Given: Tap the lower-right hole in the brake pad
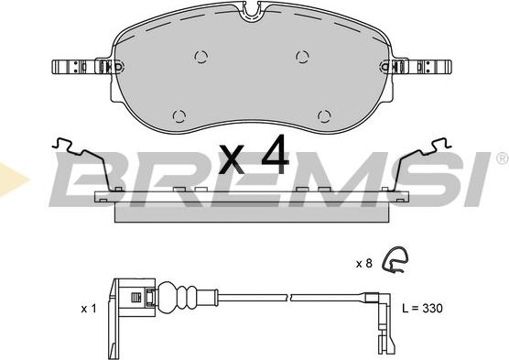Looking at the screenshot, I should click(x=322, y=114).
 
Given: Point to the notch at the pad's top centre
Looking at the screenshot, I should click(x=253, y=12).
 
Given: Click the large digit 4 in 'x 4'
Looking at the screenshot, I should click(x=274, y=158).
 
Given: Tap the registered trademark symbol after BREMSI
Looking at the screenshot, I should click(x=501, y=158).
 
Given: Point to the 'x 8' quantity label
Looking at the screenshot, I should click(x=363, y=263).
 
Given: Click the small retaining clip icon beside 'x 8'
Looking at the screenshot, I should click(x=395, y=261).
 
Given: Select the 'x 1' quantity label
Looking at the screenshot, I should click(x=88, y=309).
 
